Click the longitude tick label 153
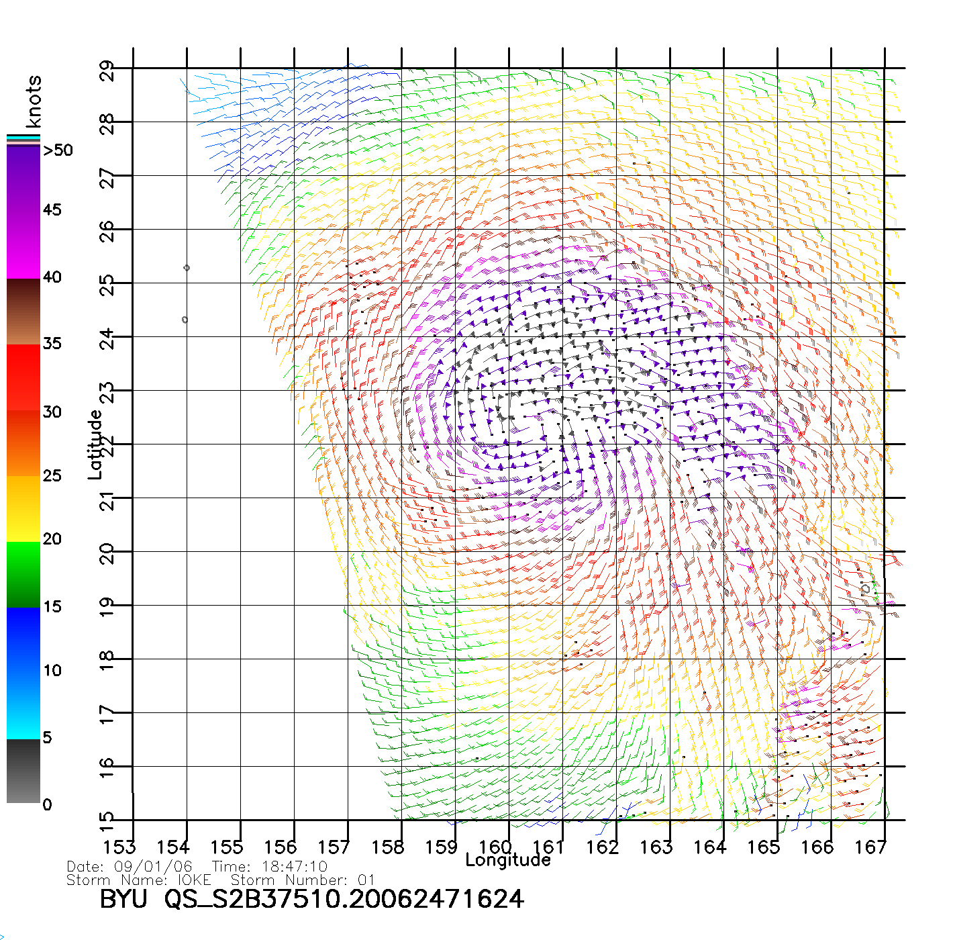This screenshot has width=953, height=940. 119,847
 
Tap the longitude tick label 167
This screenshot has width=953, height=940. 870,847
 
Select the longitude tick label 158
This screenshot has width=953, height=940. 388,847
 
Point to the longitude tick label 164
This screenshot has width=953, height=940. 710,847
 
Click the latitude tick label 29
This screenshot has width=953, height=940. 107,70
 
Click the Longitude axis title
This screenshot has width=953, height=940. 508,860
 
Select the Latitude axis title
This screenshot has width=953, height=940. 95,444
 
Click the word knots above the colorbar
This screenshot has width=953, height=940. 34,101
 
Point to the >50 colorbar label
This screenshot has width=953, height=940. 58,150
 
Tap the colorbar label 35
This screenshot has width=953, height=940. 52,344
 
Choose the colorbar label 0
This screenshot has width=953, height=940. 47,805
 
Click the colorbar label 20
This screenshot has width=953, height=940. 52,539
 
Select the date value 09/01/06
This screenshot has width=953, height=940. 153,867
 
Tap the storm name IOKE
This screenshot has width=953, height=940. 194,880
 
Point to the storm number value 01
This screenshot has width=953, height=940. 366,880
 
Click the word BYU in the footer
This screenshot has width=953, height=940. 123,899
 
